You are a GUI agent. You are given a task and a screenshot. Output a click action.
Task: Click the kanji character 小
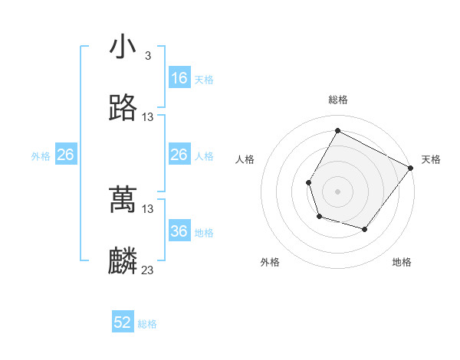123,47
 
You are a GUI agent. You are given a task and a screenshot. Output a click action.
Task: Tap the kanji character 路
123,108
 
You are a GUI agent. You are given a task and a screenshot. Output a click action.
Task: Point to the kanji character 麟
123,261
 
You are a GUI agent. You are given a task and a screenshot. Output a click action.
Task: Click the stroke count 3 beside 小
147,56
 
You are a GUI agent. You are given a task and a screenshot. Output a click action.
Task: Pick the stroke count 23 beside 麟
148,270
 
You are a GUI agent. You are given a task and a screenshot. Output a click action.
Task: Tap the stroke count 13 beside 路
148,117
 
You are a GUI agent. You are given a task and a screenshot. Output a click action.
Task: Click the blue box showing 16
179,78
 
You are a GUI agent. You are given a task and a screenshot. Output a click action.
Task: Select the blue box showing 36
179,231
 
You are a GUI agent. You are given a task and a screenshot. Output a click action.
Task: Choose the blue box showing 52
123,322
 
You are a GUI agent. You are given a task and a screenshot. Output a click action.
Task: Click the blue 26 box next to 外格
66,155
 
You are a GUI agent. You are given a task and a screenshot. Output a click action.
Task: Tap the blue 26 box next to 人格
179,155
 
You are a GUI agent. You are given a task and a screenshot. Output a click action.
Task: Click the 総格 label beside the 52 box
147,324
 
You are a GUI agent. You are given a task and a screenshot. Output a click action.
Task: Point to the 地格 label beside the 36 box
204,233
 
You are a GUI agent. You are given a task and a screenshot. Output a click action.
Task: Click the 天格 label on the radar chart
431,159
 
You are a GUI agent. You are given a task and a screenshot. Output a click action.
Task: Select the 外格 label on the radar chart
270,262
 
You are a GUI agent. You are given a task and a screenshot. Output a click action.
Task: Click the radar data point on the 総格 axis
337,130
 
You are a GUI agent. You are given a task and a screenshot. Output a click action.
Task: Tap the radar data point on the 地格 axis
365,229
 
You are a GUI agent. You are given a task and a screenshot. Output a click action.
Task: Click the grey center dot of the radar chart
337,191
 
